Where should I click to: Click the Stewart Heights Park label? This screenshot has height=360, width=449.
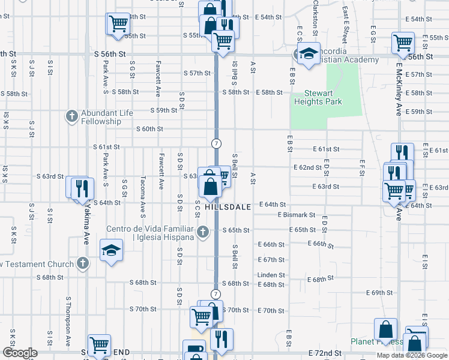[322, 97]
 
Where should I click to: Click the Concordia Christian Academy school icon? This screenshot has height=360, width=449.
[309, 54]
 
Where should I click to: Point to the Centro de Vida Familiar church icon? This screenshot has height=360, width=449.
[203, 232]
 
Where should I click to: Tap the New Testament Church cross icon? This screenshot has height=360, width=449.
[83, 263]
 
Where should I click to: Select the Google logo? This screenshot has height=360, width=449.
[20, 353]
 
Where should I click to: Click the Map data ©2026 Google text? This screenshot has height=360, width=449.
[411, 355]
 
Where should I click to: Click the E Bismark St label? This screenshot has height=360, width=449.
[297, 215]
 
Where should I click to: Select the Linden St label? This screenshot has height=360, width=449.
[271, 275]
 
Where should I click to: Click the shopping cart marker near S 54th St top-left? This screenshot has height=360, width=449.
[118, 24]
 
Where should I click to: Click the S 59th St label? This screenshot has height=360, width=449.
[164, 110]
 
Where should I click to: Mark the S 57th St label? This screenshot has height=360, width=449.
[197, 73]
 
